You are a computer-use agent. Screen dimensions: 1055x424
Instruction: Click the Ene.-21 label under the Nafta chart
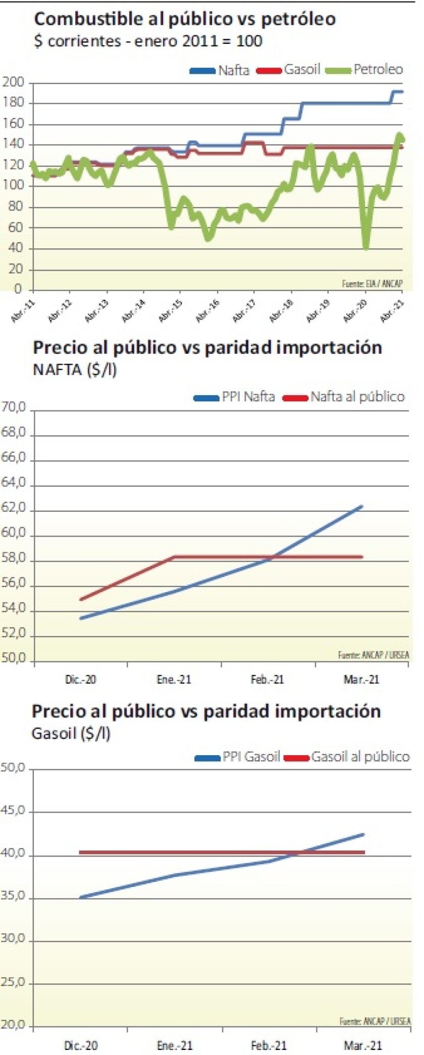pos(174,679)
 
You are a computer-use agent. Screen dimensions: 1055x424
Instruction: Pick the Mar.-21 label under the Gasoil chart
pos(362,1045)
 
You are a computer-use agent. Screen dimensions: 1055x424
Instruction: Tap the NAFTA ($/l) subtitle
pos(74,370)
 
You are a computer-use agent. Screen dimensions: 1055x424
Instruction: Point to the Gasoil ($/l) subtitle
pos(71,733)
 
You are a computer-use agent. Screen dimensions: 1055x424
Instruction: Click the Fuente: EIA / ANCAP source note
pos(372,283)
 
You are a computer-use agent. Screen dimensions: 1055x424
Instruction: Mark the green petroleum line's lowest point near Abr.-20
pos(366,247)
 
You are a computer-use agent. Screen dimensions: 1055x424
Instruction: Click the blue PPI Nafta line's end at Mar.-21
pos(361,506)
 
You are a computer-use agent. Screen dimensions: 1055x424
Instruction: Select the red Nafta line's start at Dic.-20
pos(81,599)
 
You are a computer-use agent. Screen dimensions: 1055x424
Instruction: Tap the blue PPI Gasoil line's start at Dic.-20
pos(81,897)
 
